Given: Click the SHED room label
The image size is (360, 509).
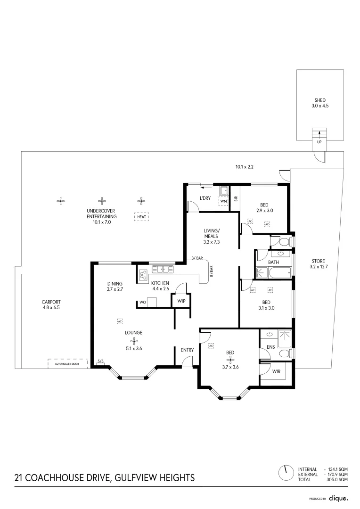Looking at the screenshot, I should [x=320, y=100].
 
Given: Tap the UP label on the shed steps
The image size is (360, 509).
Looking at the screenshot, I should [x=319, y=142].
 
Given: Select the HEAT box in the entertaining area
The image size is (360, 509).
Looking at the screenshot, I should [x=141, y=217].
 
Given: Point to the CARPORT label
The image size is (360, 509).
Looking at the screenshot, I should [x=51, y=302].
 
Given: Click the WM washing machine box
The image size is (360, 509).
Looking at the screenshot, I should [x=223, y=201].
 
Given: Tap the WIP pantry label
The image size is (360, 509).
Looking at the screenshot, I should [x=181, y=300].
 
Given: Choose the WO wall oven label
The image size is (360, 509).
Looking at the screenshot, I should [x=142, y=303].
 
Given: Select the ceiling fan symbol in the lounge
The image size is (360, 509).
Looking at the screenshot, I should [x=134, y=341].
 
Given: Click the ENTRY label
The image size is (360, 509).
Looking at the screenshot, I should [x=187, y=350].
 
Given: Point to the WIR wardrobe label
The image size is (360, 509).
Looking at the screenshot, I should [x=276, y=371].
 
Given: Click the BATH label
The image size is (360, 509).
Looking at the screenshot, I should [x=273, y=262].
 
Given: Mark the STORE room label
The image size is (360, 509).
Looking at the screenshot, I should [x=317, y=261].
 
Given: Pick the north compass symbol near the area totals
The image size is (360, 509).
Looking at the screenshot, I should [x=285, y=471].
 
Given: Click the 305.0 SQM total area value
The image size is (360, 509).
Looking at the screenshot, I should [x=337, y=479].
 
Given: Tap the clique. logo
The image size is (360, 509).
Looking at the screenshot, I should [x=338, y=498].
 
